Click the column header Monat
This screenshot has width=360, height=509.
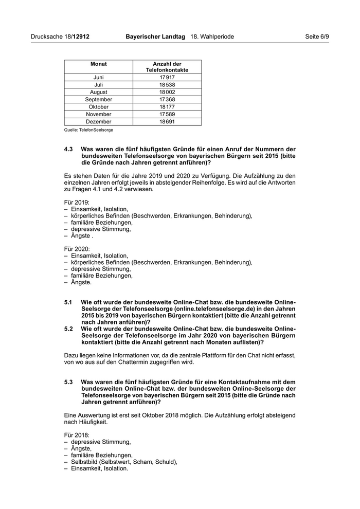(98, 64)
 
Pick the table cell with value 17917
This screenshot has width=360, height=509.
(167, 78)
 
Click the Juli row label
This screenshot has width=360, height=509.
(98, 85)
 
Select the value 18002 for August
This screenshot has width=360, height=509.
(167, 92)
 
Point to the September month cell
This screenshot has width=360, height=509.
(98, 99)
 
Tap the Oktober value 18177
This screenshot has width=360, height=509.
(167, 107)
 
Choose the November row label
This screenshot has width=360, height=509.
(98, 114)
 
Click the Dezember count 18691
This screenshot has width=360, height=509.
(167, 121)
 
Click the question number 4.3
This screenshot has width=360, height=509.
(69, 149)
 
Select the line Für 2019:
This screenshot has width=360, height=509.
(77, 203)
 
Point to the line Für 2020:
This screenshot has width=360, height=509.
(77, 248)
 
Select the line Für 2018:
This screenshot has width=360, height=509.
(77, 435)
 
